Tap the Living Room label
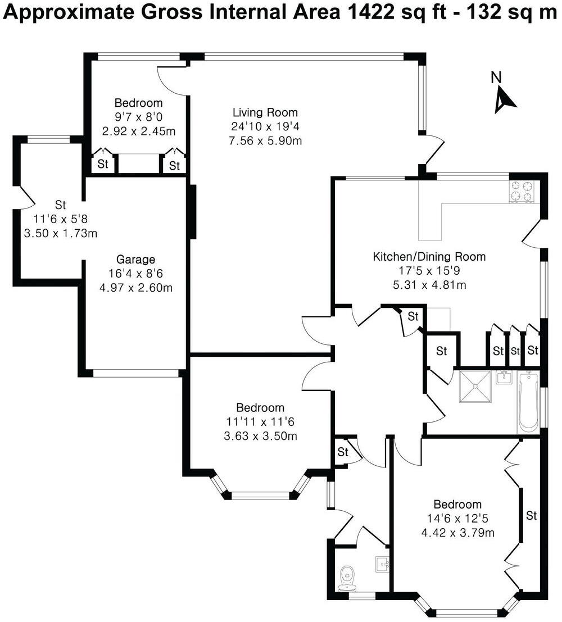pyautogui.click(x=265, y=112)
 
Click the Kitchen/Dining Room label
pyautogui.click(x=429, y=257)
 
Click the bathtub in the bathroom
pyautogui.click(x=528, y=402)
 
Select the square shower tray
pyautogui.click(x=475, y=387)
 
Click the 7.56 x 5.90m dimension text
pyautogui.click(x=266, y=140)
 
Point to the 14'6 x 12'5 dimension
pyautogui.click(x=457, y=518)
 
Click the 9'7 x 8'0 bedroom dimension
pyautogui.click(x=138, y=117)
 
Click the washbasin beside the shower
pyautogui.click(x=504, y=379)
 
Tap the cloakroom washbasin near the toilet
pyautogui.click(x=383, y=564)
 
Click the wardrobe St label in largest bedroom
pyautogui.click(x=531, y=515)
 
